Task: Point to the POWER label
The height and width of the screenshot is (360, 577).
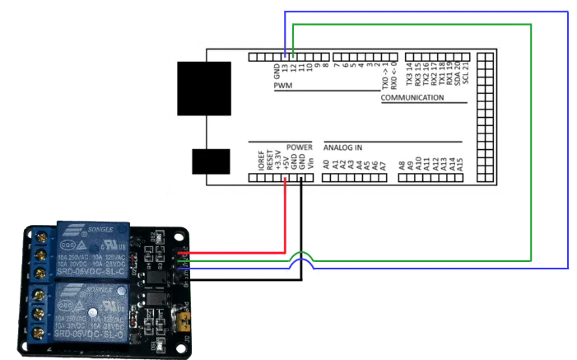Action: [x=300, y=147]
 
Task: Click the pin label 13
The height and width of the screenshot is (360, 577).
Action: [x=285, y=68]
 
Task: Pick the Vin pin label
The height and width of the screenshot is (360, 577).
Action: [x=310, y=163]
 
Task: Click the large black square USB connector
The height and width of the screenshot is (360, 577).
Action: [x=204, y=88]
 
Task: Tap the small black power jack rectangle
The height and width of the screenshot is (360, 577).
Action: [x=211, y=161]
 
